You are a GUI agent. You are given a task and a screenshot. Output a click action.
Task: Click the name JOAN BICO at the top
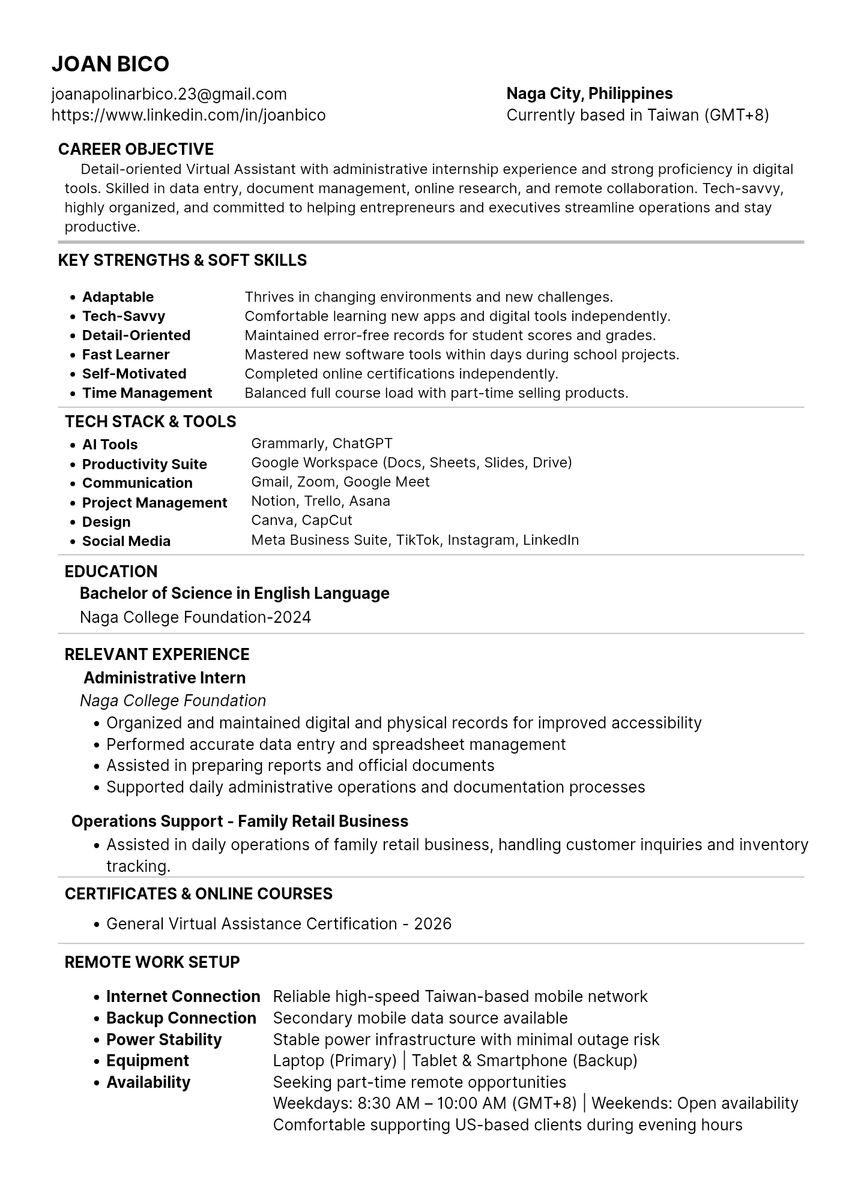click(110, 64)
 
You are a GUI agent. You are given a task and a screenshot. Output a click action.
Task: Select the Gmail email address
click(169, 94)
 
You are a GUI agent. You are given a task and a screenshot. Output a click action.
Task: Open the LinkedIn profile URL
click(189, 115)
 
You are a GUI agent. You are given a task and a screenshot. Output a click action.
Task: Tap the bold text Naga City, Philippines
click(590, 94)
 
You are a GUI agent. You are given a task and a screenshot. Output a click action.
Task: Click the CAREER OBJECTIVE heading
click(136, 149)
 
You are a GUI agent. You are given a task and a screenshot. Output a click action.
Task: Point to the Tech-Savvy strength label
click(124, 316)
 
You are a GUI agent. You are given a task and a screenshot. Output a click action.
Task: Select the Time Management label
click(147, 393)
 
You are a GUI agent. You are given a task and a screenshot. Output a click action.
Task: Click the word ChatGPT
click(362, 443)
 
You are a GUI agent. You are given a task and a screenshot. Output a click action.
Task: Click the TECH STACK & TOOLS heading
click(151, 422)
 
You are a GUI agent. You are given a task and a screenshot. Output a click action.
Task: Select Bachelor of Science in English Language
click(235, 593)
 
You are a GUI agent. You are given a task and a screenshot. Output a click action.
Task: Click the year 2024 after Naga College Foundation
click(292, 617)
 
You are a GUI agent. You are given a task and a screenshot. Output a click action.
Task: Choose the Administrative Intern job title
click(165, 678)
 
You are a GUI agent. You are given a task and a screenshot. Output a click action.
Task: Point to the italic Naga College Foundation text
click(173, 701)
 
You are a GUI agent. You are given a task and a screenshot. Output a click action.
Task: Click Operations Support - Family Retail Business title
click(240, 821)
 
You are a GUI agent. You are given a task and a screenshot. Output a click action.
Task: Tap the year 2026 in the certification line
click(432, 924)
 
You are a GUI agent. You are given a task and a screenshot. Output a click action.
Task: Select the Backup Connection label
click(181, 1018)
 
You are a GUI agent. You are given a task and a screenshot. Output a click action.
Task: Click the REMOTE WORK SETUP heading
click(152, 962)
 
